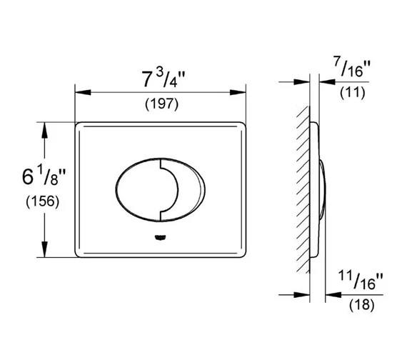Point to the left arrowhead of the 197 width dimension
click(79, 91)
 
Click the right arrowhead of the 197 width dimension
click(241, 91)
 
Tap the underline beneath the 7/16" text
click(353, 82)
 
